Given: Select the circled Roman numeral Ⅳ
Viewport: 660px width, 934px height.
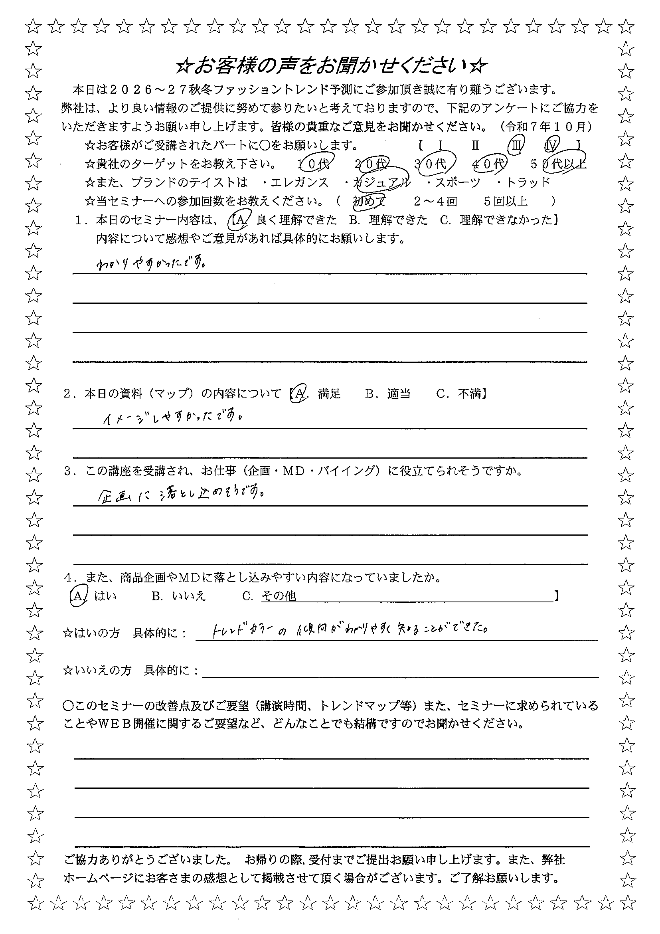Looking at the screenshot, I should pos(552,144).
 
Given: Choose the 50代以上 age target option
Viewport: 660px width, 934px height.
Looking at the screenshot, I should pos(559,164).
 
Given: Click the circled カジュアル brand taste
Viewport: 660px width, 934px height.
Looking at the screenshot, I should pos(382,183).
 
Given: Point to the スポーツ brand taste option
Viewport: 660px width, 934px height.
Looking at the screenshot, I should pos(454,183).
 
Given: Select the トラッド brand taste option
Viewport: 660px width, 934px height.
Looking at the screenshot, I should pos(524,183).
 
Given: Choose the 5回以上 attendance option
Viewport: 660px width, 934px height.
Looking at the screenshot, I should pos(506,201).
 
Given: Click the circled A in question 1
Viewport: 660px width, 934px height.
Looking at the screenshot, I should pos(239,220).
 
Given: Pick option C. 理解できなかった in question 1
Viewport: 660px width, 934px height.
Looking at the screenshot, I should pos(498,220).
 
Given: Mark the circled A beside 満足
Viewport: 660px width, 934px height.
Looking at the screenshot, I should pos(299,394).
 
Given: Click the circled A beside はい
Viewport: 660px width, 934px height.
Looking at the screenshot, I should pos(78,596).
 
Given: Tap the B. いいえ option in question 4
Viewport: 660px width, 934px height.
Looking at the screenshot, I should pos(179,596).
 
